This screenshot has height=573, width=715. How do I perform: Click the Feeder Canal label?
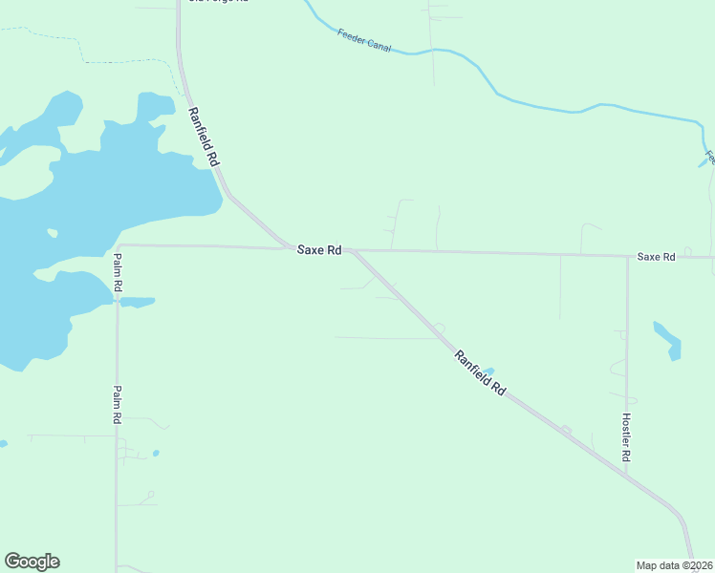point(364,40)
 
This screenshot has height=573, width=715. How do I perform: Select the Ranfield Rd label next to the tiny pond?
point(480,372)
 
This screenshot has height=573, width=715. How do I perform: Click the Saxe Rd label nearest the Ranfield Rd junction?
point(319,250)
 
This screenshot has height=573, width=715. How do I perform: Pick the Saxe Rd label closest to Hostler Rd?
point(656,257)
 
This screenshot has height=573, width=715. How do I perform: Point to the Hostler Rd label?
point(626,437)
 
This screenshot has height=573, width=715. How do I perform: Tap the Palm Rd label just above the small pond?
point(117,272)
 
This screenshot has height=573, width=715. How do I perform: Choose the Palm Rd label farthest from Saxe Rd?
point(116,404)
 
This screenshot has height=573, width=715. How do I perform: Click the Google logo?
point(32,562)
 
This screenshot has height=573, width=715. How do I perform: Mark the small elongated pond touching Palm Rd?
point(137,302)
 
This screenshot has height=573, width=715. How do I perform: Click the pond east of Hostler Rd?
point(667,340)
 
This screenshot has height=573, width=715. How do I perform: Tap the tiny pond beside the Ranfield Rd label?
point(489,371)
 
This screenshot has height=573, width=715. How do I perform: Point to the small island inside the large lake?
point(52,232)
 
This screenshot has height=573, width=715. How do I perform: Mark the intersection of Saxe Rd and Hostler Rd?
point(627,256)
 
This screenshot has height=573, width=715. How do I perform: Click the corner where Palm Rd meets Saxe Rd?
point(118,245)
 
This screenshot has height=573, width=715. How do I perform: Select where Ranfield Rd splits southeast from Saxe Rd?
point(354,252)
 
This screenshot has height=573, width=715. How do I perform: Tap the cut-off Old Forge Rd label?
point(218,2)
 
